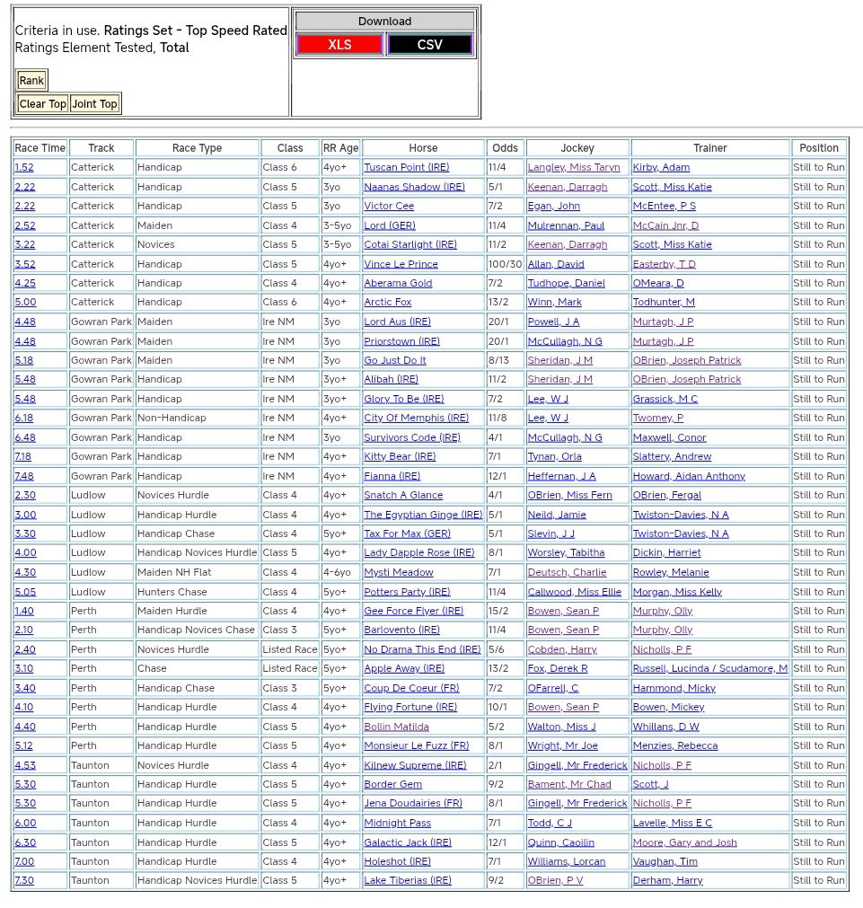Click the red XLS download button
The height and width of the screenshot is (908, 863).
(339, 45)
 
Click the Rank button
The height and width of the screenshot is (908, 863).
(31, 81)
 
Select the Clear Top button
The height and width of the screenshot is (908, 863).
(42, 104)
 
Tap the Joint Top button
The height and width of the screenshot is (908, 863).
(94, 104)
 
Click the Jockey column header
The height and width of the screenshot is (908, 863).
(577, 148)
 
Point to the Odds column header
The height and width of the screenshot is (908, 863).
(505, 148)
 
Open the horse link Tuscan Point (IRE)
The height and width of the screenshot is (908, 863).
(406, 168)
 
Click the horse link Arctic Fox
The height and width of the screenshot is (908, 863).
(387, 303)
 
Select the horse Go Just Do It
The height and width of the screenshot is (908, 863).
(394, 361)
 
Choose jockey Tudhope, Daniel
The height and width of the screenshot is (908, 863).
(566, 284)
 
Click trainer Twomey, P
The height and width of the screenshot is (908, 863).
(657, 419)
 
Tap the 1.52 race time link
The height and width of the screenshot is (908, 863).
(24, 168)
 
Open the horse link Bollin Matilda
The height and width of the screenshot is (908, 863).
(396, 727)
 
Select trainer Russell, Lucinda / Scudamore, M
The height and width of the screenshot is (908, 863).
(709, 669)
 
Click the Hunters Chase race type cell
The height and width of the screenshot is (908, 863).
(172, 593)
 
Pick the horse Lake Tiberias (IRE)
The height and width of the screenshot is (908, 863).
(407, 881)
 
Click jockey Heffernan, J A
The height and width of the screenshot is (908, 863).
(561, 477)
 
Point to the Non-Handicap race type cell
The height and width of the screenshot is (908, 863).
(172, 419)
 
